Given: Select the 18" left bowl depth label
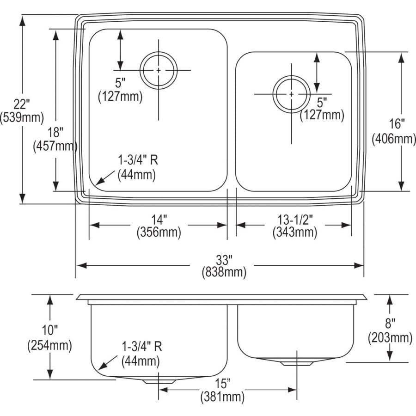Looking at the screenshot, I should point(55,132).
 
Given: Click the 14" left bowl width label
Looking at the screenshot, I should point(158,218).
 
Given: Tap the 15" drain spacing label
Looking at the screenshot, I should point(222,383).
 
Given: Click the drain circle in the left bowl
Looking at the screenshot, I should point(159,70).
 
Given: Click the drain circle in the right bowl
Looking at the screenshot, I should point(291,94).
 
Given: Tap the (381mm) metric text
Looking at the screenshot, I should point(222,396).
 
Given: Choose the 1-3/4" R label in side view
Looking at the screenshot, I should point(141,347).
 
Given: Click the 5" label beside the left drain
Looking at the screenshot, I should point(120,83).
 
